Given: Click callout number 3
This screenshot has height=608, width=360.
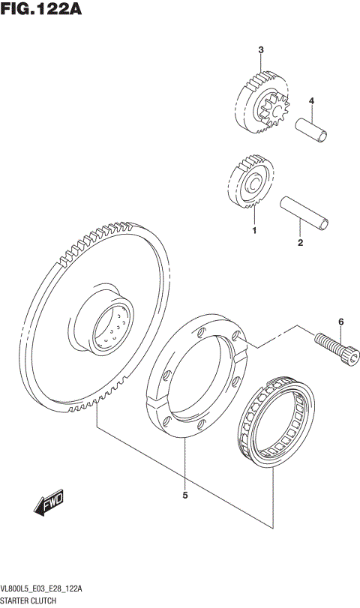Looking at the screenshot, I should pos(260,50).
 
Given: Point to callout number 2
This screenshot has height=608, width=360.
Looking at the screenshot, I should pos(299,243).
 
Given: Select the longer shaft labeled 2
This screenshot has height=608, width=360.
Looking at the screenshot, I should pos(303,211).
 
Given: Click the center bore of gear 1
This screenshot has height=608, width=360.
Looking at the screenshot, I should pos(254,182).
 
